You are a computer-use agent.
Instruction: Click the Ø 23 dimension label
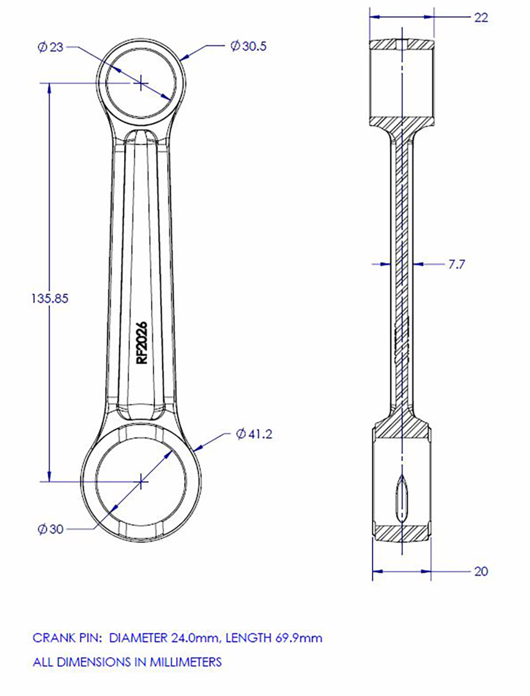pos(50,47)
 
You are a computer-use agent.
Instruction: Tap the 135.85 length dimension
pos(49,298)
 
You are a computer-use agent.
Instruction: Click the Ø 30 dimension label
pos(50,529)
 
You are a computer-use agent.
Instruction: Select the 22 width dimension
pos(481,17)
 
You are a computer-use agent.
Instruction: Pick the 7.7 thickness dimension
pos(456,264)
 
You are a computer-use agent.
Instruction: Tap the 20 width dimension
pos(481,571)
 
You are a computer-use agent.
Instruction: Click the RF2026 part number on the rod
pos(141,343)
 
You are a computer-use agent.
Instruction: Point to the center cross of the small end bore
pos(140,83)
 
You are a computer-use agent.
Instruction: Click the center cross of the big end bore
pos(140,481)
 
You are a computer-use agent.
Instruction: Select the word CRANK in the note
pos(51,638)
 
